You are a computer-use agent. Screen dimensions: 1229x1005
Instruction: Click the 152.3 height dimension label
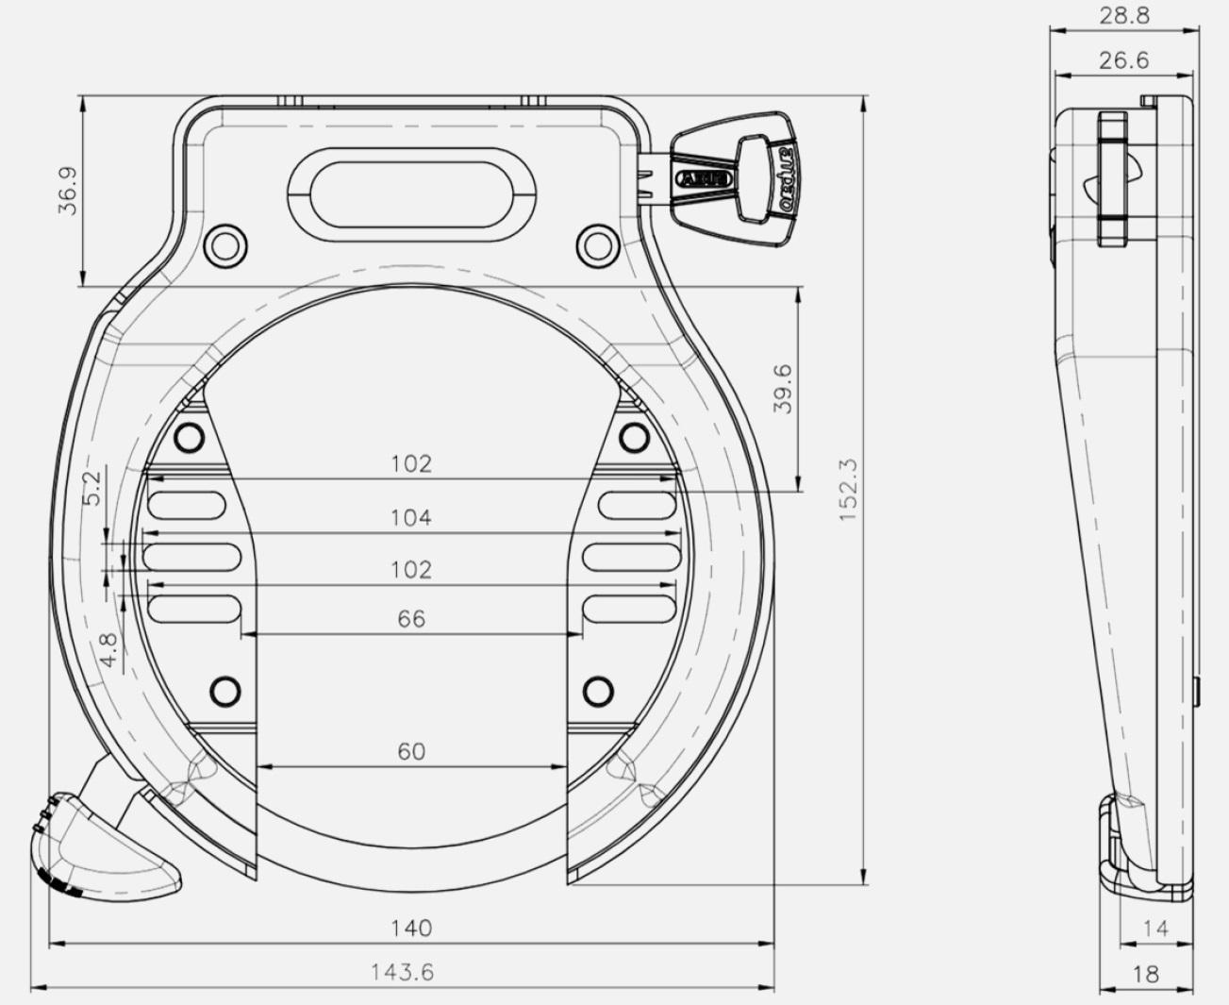pos(848,490)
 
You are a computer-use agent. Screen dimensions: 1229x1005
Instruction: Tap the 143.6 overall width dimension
pos(403,972)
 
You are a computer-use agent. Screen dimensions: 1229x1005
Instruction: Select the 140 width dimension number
pos(411,928)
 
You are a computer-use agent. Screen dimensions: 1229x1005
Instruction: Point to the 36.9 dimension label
pos(69,192)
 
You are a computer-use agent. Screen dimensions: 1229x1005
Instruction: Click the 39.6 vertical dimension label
pos(783,389)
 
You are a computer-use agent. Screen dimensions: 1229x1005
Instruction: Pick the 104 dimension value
pos(411,517)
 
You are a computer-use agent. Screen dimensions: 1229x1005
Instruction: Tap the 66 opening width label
pos(411,618)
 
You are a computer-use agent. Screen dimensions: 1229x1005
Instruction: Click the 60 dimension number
pos(411,751)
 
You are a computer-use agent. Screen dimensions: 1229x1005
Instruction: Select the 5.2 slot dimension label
pos(91,489)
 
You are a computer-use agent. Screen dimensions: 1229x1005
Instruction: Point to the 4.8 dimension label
pos(108,650)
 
